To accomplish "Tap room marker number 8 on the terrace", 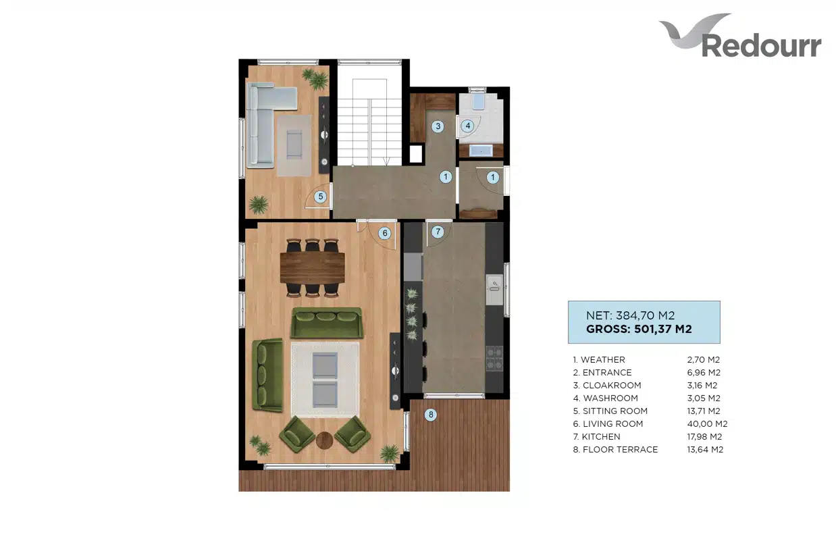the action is point(431,414).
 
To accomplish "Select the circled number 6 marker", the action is point(385,234).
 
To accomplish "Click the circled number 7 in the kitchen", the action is point(438,232).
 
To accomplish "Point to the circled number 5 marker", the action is point(320,197).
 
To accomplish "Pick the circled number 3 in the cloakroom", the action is point(438,126).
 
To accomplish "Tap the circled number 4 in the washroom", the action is point(468,126).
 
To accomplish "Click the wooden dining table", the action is point(313,267).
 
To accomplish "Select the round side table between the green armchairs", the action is point(324,440).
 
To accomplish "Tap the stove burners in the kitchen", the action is point(494,359).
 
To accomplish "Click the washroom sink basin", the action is point(481,151).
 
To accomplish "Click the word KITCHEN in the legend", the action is point(601,437).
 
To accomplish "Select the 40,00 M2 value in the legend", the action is point(707,423).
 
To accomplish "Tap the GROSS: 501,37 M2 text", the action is point(639,329).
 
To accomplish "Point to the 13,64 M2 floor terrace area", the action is point(705,449).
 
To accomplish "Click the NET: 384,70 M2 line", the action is point(630,315).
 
